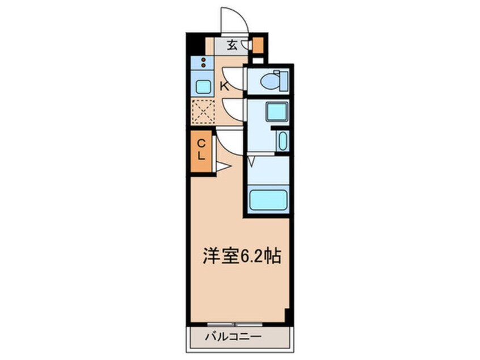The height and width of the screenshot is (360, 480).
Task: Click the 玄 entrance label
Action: (x=232, y=43)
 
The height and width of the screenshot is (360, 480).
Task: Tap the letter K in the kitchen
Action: (x=225, y=86)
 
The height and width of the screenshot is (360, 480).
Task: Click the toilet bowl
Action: (x=272, y=81)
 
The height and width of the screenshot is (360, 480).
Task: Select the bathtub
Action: (x=268, y=200)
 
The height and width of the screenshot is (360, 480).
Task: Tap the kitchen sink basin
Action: (x=203, y=86)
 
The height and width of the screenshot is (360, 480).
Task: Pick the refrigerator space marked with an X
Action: (x=203, y=111)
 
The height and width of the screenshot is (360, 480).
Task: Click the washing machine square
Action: (x=276, y=111)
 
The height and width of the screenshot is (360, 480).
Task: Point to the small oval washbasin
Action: (x=282, y=140)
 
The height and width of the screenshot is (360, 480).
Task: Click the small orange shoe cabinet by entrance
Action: (x=258, y=44)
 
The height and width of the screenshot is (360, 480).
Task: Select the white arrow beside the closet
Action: (x=221, y=166)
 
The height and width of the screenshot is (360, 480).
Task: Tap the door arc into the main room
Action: (x=229, y=142)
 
